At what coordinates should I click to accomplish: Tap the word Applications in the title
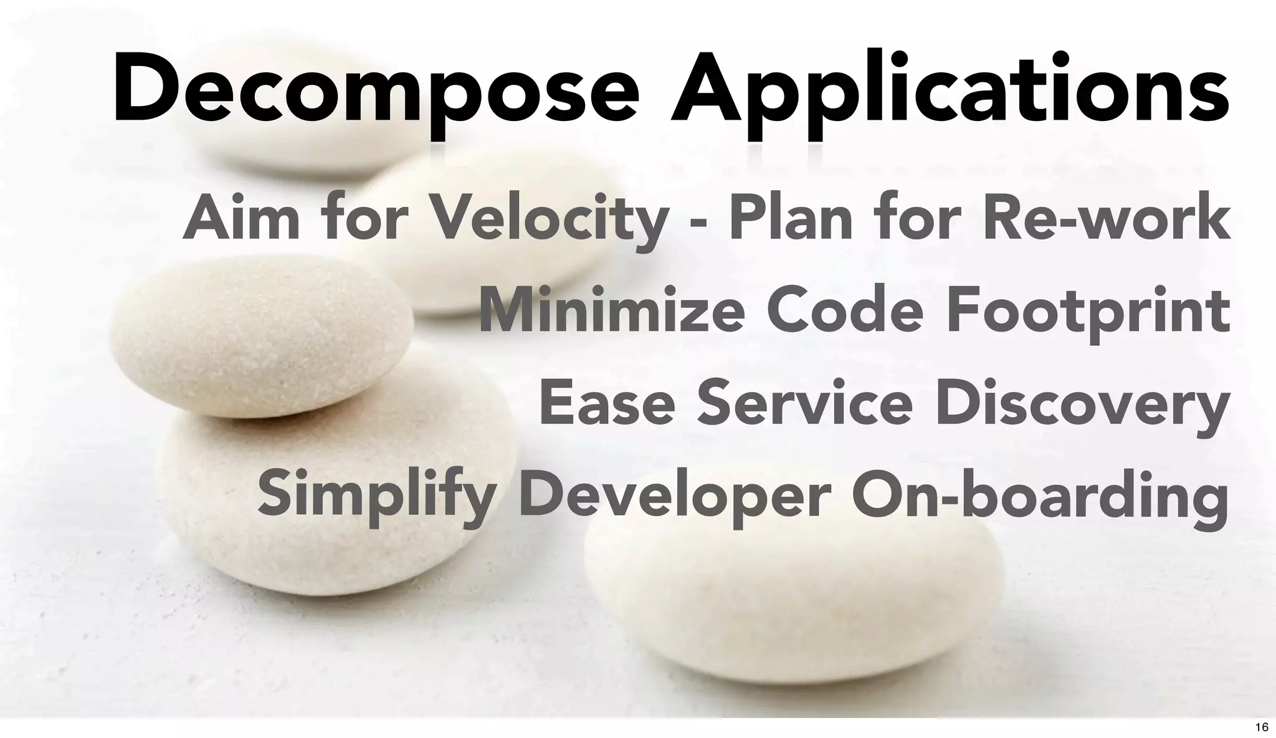950,90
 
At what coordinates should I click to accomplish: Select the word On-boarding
1040,496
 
